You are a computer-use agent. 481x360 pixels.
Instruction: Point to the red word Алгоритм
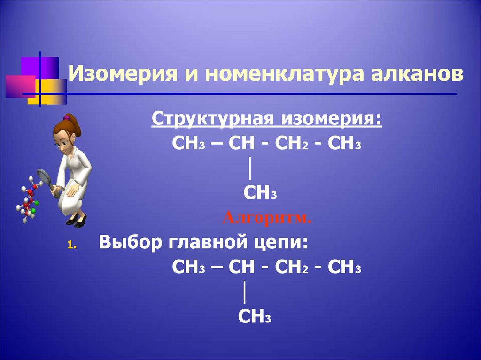[266, 218]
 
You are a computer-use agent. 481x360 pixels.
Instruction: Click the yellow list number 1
[70, 245]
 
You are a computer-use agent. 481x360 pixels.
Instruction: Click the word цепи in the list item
[285, 244]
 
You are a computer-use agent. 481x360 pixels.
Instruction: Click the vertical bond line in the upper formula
[249, 169]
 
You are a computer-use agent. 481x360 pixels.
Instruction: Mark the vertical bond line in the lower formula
[245, 292]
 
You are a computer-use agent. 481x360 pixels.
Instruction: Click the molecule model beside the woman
[28, 199]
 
